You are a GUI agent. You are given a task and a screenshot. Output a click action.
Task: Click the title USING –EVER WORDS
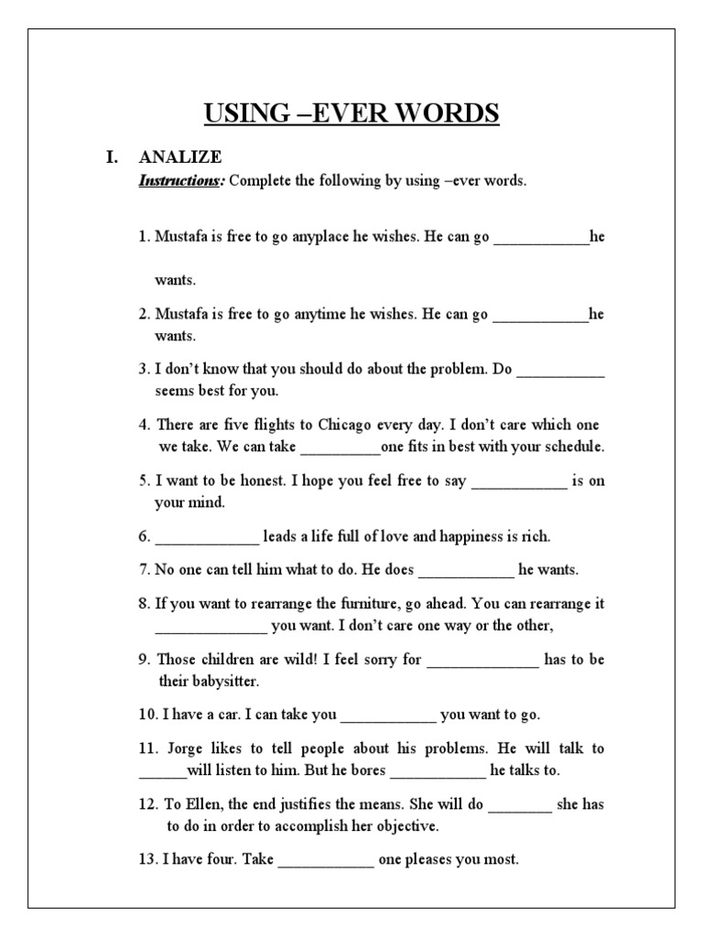point(351,113)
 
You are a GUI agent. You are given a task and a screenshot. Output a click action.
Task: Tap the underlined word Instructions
point(180,180)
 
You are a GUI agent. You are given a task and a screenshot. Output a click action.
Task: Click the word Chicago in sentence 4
point(343,425)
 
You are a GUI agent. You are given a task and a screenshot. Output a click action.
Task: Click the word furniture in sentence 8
point(385,604)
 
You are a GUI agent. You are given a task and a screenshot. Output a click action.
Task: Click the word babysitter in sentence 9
point(224,682)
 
